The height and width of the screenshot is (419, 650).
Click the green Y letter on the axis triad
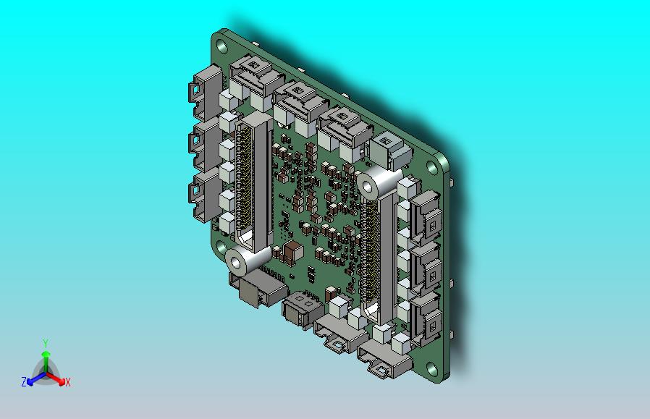pyautogui.click(x=46, y=343)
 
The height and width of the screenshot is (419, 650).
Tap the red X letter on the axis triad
pyautogui.click(x=67, y=382)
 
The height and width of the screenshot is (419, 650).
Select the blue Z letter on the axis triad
pyautogui.click(x=24, y=381)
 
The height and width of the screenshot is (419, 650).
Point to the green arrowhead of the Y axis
pyautogui.click(x=46, y=354)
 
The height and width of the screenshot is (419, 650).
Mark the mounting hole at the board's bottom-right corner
pyautogui.click(x=432, y=368)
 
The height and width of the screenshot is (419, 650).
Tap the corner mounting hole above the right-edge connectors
pyautogui.click(x=432, y=167)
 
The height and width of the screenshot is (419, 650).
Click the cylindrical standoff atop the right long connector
pyautogui.click(x=377, y=184)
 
